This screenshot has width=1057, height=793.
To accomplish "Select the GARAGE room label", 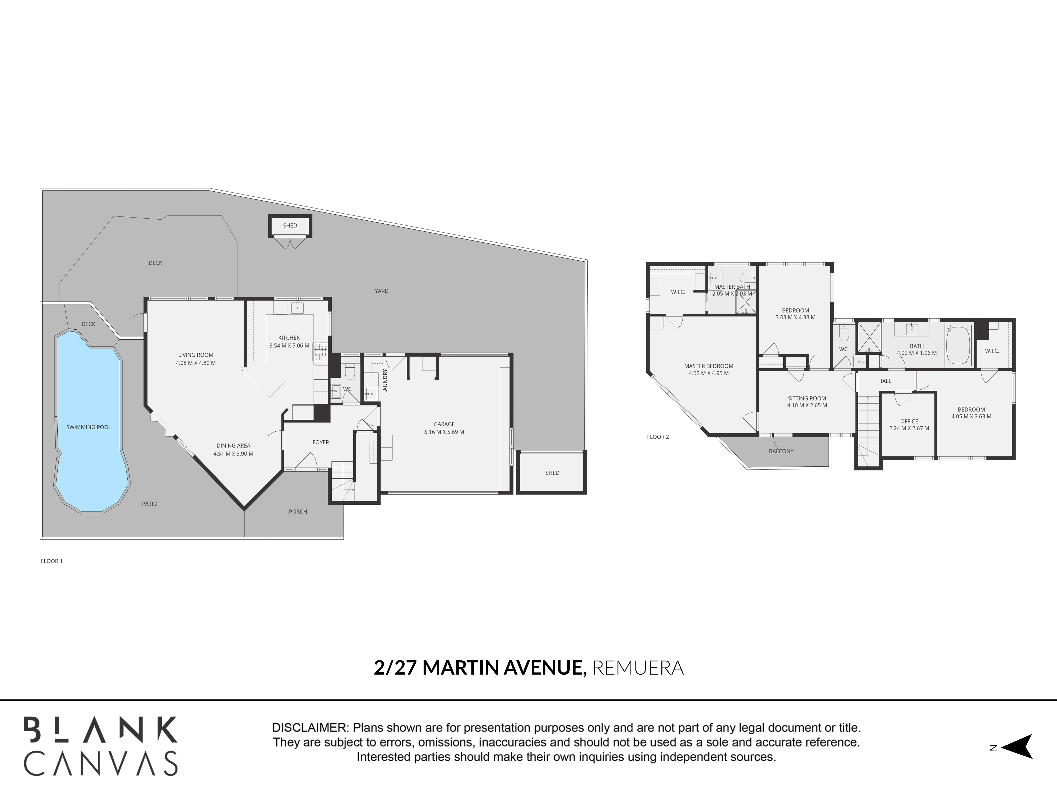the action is pos(444,424).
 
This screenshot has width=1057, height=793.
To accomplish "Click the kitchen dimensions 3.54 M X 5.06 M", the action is pos(289,345).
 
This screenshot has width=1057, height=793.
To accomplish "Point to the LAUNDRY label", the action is pos(385,381).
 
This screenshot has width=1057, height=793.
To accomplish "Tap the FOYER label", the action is pos(321,442).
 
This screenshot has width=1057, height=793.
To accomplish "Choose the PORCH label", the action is pos(298,511).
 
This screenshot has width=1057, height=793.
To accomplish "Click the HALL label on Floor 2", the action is pos(884,381).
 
